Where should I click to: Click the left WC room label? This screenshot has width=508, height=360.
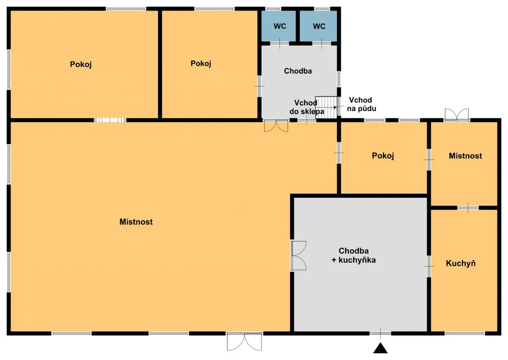pos(280,26)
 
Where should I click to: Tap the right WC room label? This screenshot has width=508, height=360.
pos(319,26)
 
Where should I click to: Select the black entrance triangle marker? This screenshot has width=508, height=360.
pos(381,348)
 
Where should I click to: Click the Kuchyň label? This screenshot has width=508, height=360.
pos(461,263)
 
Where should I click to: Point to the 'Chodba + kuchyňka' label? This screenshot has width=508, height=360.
pos(353,255)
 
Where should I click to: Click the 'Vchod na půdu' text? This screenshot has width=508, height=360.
pos(361,104)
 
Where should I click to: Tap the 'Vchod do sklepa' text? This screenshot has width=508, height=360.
pos(307,107)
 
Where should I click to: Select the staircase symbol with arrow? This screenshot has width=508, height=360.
pos(326,107)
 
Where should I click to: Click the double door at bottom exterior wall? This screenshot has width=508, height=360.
pos(244,342)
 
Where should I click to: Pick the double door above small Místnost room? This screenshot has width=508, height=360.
pos(457,115)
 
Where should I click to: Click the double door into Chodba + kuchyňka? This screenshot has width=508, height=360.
pos(298,256)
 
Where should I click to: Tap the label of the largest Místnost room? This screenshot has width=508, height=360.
pos(136,222)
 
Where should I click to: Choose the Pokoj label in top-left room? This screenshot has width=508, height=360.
pos(81,64)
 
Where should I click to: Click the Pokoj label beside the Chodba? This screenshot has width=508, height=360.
pos(201,64)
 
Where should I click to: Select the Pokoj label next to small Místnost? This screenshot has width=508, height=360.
pos(383,156)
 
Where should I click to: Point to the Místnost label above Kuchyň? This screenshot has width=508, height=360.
pos(465,156)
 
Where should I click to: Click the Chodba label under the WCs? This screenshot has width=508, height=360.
pos(298,71)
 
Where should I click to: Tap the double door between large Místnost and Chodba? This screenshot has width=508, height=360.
pos(276,126)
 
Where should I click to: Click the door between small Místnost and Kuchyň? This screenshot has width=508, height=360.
pos(468,208)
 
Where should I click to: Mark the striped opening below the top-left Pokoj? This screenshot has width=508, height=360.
pos(110,120)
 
